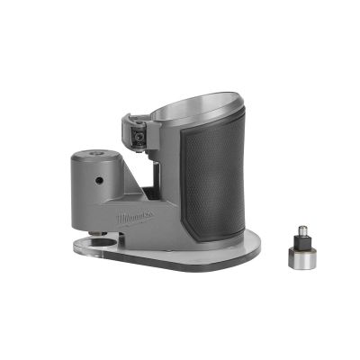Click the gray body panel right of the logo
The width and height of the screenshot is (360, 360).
(166, 220)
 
